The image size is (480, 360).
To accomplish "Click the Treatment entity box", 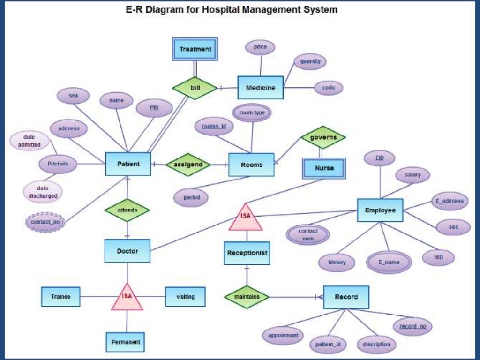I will point(195,49).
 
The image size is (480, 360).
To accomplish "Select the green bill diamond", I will point(195,88).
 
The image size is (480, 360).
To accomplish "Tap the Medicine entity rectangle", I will point(260,88).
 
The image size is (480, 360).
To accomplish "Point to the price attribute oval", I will point(260,47).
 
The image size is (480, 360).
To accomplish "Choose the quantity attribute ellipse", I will point(309,61).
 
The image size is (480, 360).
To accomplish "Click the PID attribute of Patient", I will point(154,108).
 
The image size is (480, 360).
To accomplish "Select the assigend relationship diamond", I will point(188,165).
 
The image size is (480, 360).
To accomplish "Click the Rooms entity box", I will point(251,165).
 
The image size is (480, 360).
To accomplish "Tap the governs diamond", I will point(323,137).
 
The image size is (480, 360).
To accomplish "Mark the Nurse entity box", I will point(324,168).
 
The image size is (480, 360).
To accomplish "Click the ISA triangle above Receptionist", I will point(246,218).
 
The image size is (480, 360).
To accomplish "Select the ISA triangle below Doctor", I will point(127,298).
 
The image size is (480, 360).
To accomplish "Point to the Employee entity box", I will point(380,210).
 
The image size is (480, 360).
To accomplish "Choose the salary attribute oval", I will point(412,175).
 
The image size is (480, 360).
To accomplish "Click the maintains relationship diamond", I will point(247,297).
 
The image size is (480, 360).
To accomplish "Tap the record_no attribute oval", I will point(412,326).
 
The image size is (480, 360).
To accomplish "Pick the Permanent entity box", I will point(125,342).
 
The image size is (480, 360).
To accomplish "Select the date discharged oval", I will point(43,192).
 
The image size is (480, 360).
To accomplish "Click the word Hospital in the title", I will point(220,9).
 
